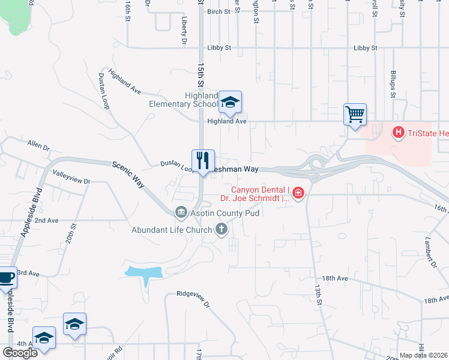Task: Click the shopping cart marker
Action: (355, 113)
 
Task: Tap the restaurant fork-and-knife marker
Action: (203, 160)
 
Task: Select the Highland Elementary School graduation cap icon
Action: (229, 102)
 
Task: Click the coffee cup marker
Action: (5, 277)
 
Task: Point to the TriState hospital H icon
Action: (397, 132)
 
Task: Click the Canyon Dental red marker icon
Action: (298, 193)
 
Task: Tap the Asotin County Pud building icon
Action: (181, 212)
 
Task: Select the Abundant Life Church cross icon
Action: (221, 229)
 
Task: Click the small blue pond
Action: (143, 272)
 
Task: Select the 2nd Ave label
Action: (46, 220)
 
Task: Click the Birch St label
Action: (218, 11)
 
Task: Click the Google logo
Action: (20, 352)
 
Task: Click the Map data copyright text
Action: (424, 355)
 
